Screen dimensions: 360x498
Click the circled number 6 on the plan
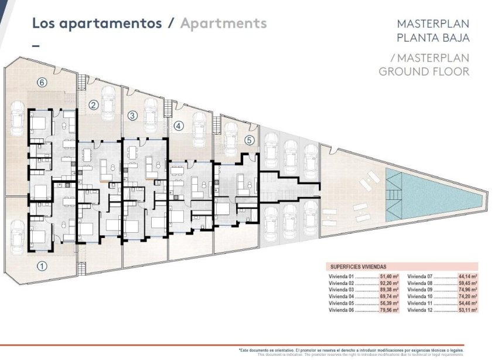tap(41, 83)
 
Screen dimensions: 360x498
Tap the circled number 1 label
tap(42, 265)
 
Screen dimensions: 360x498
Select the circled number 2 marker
tap(93, 106)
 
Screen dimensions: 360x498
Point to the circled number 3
tap(132, 116)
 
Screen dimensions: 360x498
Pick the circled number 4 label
tap(179, 125)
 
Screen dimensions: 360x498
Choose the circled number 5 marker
tap(250, 140)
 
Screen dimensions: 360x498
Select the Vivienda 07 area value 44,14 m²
tap(467, 274)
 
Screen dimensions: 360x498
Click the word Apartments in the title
tap(223, 23)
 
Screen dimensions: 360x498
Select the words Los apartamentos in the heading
tap(97, 23)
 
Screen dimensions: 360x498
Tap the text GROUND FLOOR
tap(424, 72)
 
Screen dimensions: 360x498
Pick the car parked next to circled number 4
tap(200, 128)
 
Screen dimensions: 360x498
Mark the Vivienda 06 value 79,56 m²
tap(389, 310)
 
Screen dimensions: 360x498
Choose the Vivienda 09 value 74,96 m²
tap(467, 288)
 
